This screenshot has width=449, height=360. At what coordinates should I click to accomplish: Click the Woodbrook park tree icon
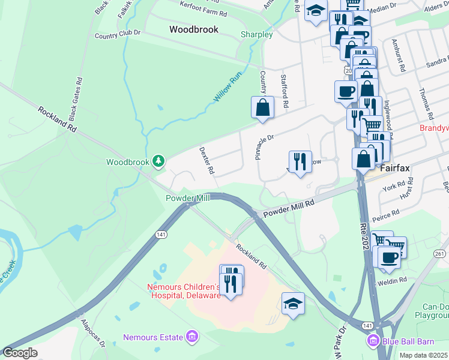pyautogui.click(x=158, y=161)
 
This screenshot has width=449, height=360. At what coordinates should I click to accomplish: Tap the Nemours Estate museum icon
pyautogui.click(x=191, y=337)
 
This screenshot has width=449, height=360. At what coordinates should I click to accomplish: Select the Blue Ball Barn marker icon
pyautogui.click(x=372, y=341)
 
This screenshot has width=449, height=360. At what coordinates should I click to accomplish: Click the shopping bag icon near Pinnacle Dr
pyautogui.click(x=262, y=108)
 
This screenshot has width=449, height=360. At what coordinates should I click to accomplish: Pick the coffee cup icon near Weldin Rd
pyautogui.click(x=388, y=257)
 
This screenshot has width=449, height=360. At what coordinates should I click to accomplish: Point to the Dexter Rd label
pyautogui.click(x=206, y=161)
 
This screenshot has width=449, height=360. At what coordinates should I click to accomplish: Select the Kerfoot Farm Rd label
pyautogui.click(x=204, y=8)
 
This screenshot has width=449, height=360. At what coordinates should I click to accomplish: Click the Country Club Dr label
pyautogui.click(x=117, y=35)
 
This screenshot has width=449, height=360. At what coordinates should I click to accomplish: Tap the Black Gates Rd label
pyautogui.click(x=75, y=97)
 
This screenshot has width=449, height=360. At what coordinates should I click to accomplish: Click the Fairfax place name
pyautogui.click(x=394, y=168)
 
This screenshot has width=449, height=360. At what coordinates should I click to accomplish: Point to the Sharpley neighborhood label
pyautogui.click(x=256, y=34)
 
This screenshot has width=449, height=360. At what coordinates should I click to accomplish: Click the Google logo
pyautogui.click(x=20, y=353)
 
